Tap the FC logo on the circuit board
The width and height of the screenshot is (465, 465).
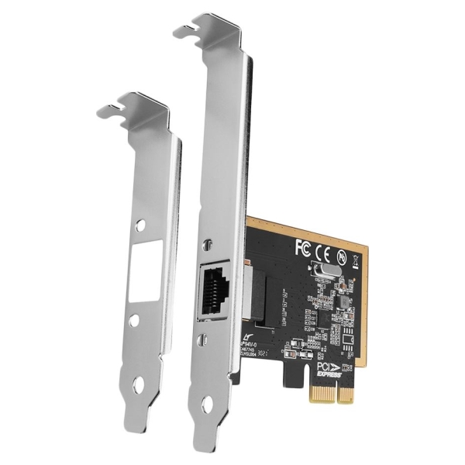[x=303, y=248]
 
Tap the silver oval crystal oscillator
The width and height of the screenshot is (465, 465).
[x=324, y=272]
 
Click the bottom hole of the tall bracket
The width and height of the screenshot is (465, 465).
[x=209, y=405]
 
